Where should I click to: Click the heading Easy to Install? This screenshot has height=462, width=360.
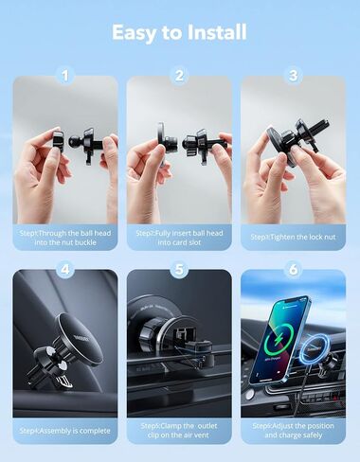(x=179, y=32)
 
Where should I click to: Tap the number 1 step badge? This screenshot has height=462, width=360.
(x=65, y=75)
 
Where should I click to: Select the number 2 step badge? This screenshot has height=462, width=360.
(x=179, y=75)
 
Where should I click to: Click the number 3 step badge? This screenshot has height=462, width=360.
(x=293, y=75)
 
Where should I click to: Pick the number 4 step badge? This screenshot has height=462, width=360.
(x=65, y=269)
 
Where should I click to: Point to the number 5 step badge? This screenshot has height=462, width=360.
(x=179, y=269)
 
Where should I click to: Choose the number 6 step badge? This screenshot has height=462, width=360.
(x=293, y=269)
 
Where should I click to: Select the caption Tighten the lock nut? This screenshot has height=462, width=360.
(x=293, y=237)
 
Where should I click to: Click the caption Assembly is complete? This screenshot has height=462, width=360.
(x=65, y=431)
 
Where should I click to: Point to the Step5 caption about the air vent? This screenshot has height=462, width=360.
(x=179, y=431)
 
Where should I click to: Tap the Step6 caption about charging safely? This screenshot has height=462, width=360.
(x=293, y=431)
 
